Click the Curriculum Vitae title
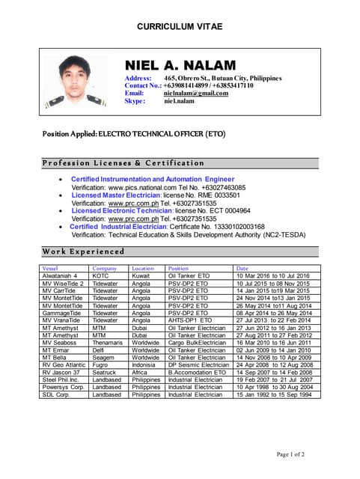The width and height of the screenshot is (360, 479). pos(180,27)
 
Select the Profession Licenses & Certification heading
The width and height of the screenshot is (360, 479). pos(123,162)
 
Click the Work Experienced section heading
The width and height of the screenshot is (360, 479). pos(83,251)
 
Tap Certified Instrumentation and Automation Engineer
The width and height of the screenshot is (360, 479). pos(153,180)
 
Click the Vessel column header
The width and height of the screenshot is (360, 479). pos(50,268)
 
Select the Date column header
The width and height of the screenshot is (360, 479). pos(242,268)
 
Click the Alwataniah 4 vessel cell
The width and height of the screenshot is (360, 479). pos(60,276)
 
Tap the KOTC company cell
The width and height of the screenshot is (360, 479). pos(100,276)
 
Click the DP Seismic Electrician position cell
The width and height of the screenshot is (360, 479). pos(198,364)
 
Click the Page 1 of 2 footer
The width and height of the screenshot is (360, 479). pos(290,454)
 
